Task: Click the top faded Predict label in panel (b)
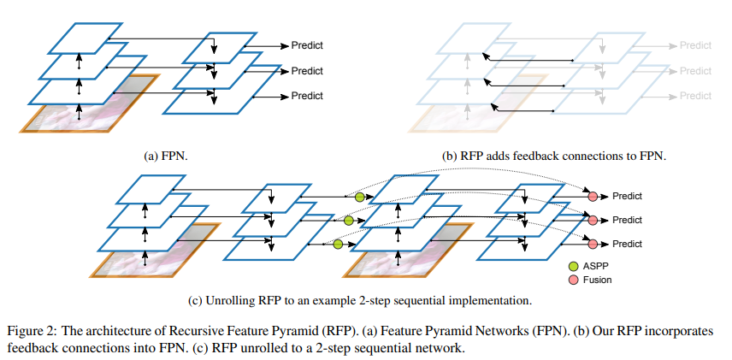696,45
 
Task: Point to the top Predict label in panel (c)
626,196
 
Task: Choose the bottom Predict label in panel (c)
626,244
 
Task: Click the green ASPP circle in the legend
575,265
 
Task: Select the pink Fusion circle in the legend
575,279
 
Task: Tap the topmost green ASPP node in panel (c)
359,197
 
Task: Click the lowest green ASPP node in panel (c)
338,245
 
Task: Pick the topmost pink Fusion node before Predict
592,197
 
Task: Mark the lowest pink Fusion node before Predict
592,245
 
